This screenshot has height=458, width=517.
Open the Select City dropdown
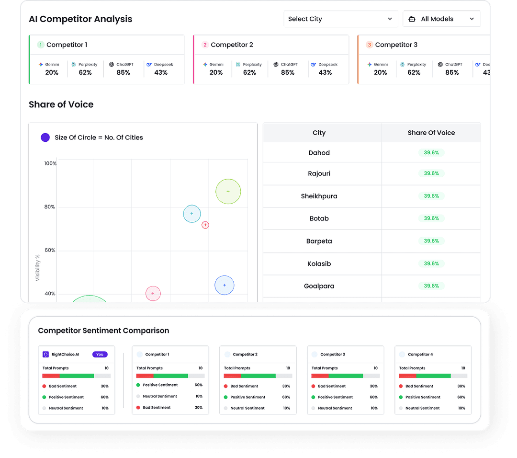pyautogui.click(x=340, y=19)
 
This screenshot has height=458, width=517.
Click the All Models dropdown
pyautogui.click(x=441, y=19)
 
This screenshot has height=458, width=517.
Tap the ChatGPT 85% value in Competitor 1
pyautogui.click(x=123, y=72)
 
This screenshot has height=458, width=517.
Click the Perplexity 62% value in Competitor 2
pyautogui.click(x=249, y=72)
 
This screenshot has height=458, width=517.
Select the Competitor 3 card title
pyautogui.click(x=396, y=45)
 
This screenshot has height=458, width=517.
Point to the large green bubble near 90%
pyautogui.click(x=228, y=192)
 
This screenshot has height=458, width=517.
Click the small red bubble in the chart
pyautogui.click(x=205, y=225)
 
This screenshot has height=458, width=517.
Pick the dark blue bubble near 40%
pyautogui.click(x=224, y=285)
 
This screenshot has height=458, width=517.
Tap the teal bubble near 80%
pyautogui.click(x=192, y=214)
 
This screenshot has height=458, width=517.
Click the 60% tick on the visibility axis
pyautogui.click(x=49, y=250)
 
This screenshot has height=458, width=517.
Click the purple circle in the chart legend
pyautogui.click(x=45, y=137)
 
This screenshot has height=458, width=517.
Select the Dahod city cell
pyautogui.click(x=319, y=153)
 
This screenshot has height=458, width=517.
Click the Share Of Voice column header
pyautogui.click(x=431, y=133)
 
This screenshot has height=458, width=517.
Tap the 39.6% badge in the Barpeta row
pyautogui.click(x=431, y=241)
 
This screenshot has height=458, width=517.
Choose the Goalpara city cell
pyautogui.click(x=319, y=286)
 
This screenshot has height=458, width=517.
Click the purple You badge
pyautogui.click(x=100, y=355)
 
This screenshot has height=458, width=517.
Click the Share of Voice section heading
pyautogui.click(x=61, y=104)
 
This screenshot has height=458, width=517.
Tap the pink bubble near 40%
pyautogui.click(x=153, y=293)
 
